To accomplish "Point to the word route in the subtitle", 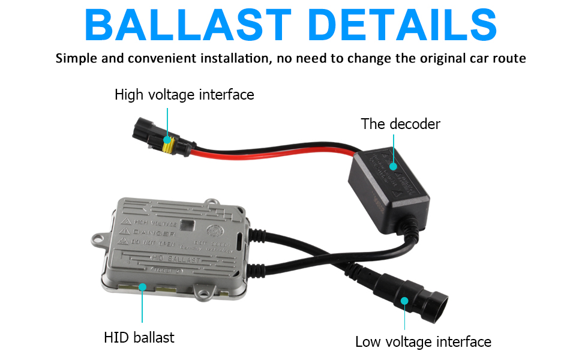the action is [508, 58].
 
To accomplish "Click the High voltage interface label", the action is [184, 95].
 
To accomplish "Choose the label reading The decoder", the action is [400, 124].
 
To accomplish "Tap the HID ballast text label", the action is [139, 337].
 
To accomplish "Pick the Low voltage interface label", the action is [423, 342].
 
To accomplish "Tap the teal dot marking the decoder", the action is [394, 167].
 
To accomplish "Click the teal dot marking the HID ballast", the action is [142, 287].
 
